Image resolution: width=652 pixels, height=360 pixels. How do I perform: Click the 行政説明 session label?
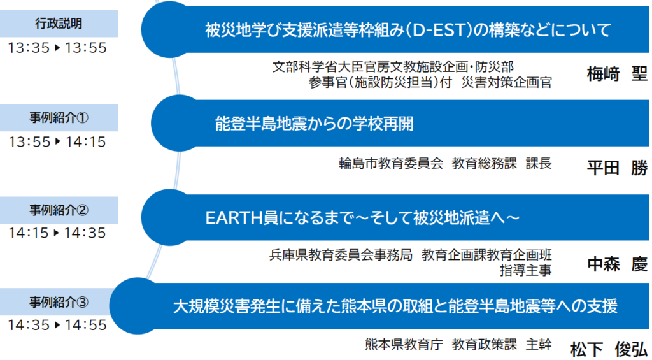pos(59,24)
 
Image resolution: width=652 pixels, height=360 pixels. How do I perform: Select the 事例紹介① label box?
pos(59,118)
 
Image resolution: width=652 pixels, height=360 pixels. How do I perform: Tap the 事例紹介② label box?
pos(59,210)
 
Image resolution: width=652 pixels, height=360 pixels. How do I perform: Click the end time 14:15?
pos(86,142)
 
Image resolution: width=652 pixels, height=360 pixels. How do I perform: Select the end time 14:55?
pos(86,325)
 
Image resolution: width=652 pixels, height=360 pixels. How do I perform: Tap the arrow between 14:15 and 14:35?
pos(57,233)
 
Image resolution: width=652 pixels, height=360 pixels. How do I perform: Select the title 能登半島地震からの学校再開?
pos(315,124)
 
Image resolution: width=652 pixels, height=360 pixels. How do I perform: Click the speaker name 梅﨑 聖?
pos(617,75)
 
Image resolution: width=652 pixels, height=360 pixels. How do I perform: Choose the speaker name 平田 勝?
pos(617,169)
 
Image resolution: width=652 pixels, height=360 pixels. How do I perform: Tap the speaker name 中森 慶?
pos(617,264)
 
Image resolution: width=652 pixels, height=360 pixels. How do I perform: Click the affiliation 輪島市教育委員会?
pos(391,164)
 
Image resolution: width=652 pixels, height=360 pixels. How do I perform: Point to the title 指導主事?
pos(525,271)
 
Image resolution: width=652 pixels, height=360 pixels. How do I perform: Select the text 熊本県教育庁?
pos(404,344)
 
